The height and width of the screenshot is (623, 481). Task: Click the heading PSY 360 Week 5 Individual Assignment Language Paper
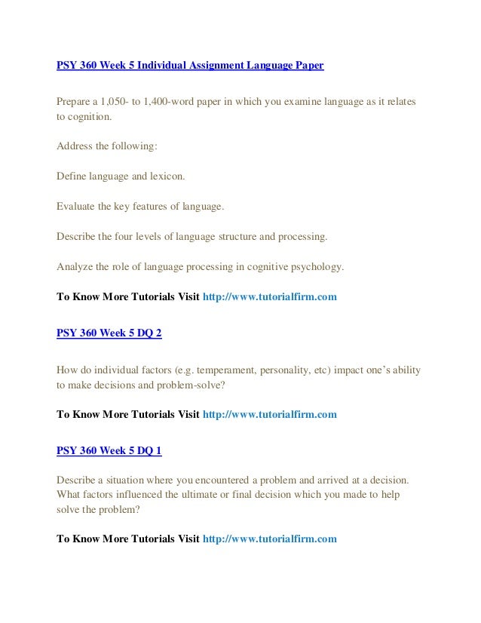pos(190,66)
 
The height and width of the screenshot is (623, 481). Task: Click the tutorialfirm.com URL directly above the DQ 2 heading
pos(270,297)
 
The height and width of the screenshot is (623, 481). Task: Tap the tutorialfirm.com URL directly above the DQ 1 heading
pos(270,414)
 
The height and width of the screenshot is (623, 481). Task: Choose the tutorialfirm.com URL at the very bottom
pos(270,539)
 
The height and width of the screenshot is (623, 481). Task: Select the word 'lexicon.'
pos(165,176)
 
